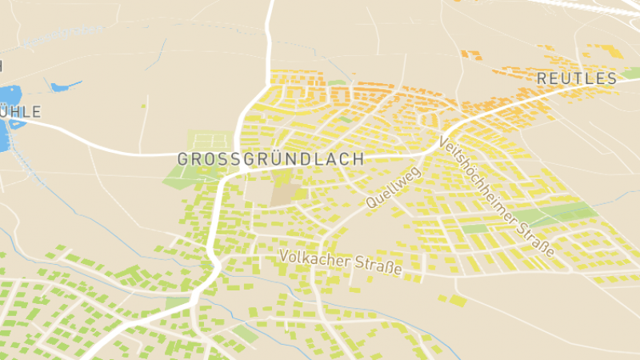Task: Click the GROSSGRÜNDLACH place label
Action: (270, 158)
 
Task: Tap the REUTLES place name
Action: (577, 78)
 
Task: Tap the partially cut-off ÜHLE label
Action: (20, 111)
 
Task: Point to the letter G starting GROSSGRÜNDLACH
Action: (182, 158)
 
